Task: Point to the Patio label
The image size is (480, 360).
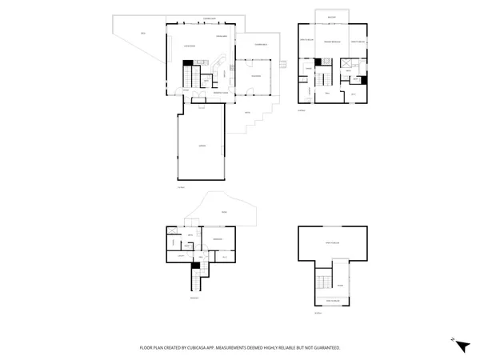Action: click(248, 113)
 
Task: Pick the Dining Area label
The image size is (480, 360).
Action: click(222, 37)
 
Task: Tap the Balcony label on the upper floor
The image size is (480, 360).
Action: click(331, 17)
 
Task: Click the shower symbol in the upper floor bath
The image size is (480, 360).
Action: click(348, 64)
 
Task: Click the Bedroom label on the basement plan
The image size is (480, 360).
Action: click(218, 239)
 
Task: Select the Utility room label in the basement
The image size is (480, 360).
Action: click(182, 255)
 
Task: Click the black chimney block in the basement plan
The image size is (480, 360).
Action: click(194, 266)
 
